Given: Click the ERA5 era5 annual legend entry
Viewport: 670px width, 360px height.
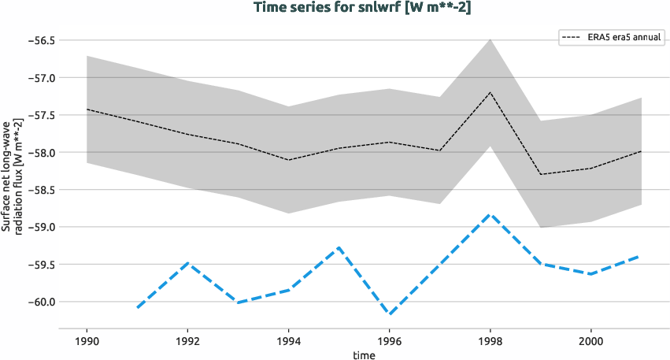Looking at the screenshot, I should [612, 37].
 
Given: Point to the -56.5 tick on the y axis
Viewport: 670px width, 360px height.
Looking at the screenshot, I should [38, 40].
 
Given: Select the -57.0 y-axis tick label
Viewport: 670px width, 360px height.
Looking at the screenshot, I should [38, 78].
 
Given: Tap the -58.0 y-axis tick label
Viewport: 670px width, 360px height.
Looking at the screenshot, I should [38, 153].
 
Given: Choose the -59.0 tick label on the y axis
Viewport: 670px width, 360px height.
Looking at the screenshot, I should [38, 227].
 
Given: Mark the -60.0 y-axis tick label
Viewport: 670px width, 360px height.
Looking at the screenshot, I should [38, 302].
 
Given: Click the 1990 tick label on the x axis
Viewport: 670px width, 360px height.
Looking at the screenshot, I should [87, 342].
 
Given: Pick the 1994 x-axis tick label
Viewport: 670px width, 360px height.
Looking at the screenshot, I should [288, 342].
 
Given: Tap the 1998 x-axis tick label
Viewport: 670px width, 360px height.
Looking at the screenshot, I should [490, 342].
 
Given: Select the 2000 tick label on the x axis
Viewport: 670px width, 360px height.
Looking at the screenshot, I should [591, 342].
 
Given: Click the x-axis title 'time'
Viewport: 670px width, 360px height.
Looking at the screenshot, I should [364, 355].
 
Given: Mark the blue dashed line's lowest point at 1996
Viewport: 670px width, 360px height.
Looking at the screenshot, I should [390, 314].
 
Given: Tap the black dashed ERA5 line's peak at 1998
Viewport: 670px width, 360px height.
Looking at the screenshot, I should [490, 92].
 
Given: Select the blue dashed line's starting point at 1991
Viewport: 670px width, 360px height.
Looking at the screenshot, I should [137, 307].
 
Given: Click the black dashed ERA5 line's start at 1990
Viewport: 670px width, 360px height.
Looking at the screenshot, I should [87, 109].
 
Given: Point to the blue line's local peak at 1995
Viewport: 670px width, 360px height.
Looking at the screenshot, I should [339, 247].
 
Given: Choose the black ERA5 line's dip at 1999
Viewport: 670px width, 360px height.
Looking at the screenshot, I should [541, 174].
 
